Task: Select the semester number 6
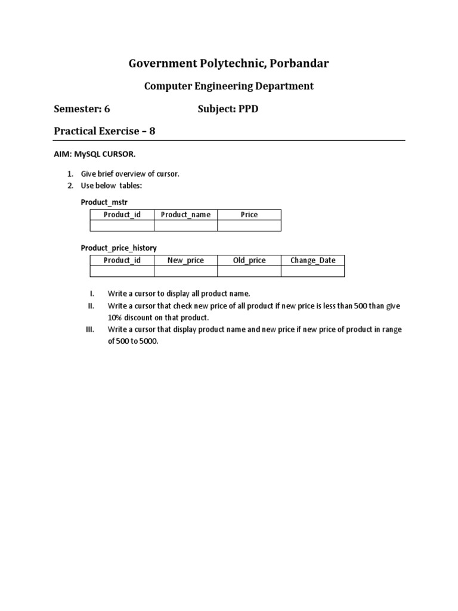[x=107, y=109]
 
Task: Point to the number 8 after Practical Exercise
[x=152, y=131]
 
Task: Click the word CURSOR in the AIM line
[x=119, y=155]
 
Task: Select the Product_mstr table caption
[x=104, y=203]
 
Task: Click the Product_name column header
[x=185, y=215]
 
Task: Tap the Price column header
[x=249, y=215]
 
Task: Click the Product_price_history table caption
[x=119, y=248]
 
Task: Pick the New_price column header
[x=185, y=260]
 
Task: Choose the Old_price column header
[x=249, y=260]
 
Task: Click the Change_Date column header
[x=312, y=260]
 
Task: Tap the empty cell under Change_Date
[x=312, y=271]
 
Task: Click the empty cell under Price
[x=249, y=226]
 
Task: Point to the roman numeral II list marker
[x=91, y=305]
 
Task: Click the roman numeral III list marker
[x=91, y=329]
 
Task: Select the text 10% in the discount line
[x=116, y=317]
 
